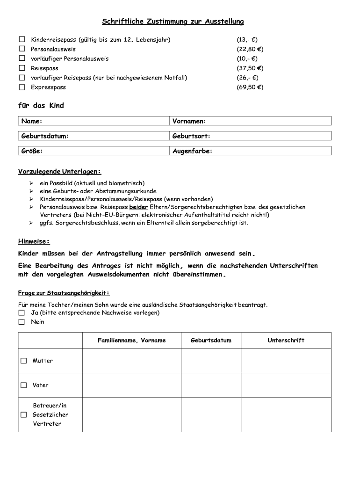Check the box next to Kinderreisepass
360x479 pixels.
coord(22,40)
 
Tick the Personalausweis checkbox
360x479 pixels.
coord(22,49)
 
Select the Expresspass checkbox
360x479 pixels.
coord(22,87)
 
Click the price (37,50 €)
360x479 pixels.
coord(250,68)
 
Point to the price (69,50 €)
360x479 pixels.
coord(250,87)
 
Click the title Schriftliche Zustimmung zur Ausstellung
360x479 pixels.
coord(173,22)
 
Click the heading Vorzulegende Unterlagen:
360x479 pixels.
coord(60,172)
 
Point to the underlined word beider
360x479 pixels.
coord(138,207)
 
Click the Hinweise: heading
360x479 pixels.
coord(34,241)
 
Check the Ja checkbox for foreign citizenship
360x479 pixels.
coord(22,312)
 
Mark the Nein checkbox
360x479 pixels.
coord(22,322)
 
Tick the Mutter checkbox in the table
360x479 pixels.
coord(24,361)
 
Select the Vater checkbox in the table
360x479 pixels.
coord(24,385)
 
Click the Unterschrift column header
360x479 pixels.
coord(286,341)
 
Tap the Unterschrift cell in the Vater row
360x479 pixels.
coord(286,385)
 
